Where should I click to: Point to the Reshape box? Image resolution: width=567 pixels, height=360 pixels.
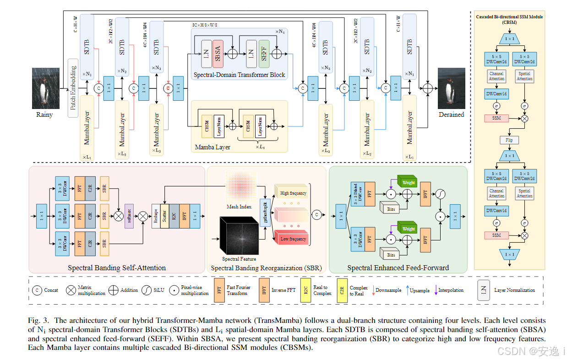coord(156,216)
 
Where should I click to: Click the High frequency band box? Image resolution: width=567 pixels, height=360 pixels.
coord(292,193)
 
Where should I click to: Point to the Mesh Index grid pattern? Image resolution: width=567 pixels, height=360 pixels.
coord(239,187)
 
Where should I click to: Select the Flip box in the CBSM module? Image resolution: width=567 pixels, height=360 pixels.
coord(509,140)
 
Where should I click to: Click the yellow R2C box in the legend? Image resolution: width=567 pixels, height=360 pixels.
coord(305,290)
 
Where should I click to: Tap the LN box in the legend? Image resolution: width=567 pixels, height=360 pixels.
coord(484,290)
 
